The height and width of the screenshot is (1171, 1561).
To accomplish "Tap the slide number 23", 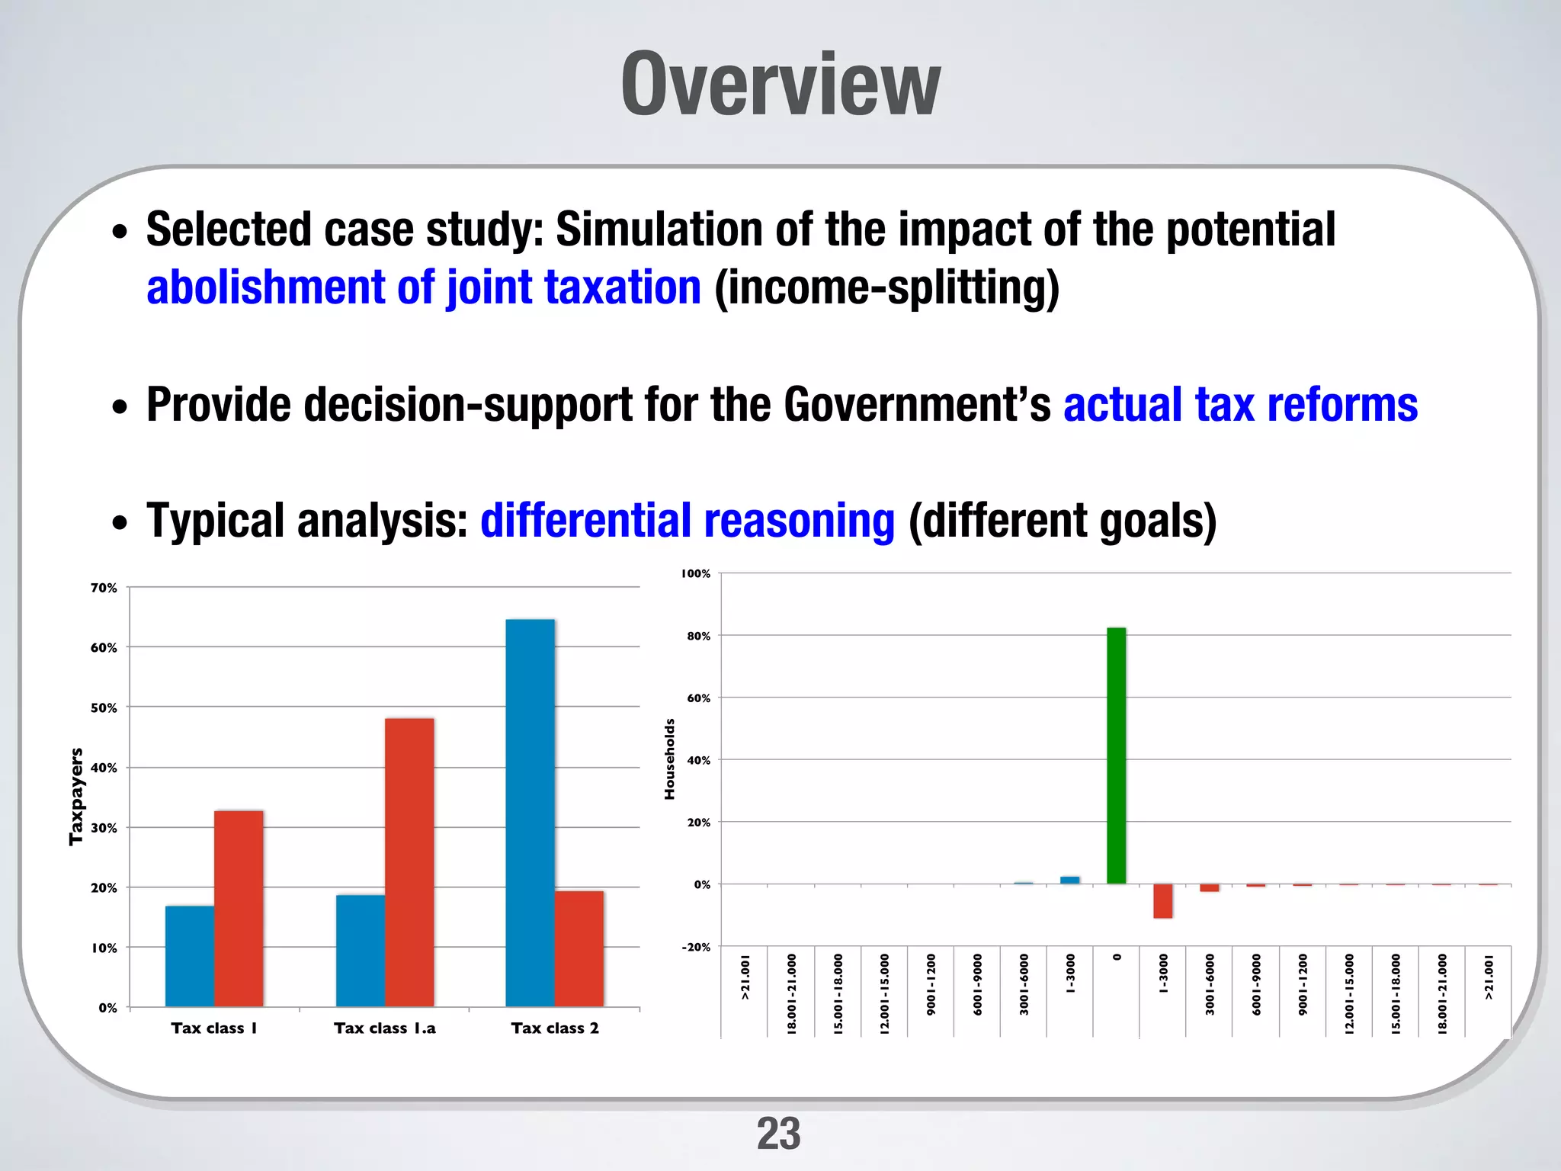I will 778,1134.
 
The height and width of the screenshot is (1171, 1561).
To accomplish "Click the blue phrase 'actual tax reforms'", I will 1240,404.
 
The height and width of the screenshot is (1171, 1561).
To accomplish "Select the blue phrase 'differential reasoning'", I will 687,521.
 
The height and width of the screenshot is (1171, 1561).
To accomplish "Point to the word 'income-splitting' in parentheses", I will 886,287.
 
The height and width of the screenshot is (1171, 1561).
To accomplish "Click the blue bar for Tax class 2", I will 530,812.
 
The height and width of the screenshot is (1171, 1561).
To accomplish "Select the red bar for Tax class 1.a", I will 409,861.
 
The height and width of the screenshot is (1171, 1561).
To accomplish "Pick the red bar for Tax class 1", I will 239,908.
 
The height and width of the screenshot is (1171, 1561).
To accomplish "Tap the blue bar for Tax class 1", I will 190,956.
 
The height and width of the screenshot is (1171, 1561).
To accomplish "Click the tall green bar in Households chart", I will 1116,755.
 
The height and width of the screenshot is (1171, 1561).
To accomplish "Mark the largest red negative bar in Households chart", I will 1162,901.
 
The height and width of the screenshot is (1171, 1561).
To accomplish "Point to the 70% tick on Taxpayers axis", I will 104,588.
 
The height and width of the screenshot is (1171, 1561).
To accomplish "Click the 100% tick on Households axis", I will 695,573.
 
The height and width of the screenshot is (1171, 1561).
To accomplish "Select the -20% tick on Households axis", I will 695,947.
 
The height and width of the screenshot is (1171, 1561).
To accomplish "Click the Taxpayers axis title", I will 75,796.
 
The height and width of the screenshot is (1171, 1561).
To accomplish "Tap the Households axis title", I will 669,759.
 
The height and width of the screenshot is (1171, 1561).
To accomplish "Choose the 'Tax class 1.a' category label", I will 384,1028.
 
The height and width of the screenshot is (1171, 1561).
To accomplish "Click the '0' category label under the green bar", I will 1117,957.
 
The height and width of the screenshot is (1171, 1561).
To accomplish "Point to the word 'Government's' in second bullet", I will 917,404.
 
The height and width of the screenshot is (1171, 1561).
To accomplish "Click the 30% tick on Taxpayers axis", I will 104,828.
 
